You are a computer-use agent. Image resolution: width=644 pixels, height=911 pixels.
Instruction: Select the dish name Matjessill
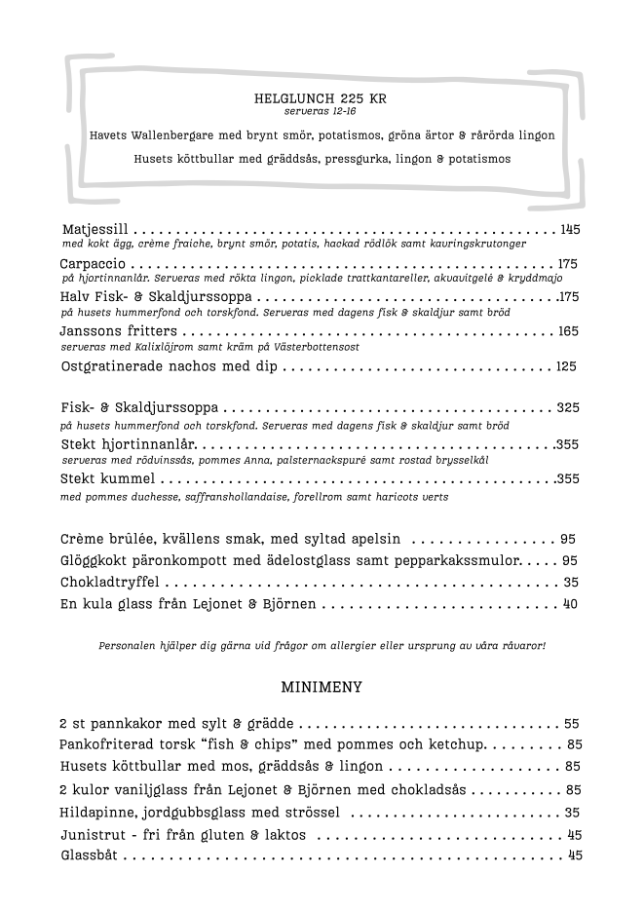(95, 229)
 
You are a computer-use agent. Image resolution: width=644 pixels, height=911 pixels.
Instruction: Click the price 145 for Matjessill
(570, 229)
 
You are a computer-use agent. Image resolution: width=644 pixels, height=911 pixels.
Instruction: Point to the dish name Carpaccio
(93, 264)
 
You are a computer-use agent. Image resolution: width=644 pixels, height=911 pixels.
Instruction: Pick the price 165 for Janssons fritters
(569, 331)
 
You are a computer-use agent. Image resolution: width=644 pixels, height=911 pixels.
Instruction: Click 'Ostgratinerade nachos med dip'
(169, 366)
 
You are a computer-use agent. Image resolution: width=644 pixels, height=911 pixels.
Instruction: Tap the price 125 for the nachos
(567, 366)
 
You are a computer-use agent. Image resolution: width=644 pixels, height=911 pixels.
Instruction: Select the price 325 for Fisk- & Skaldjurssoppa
(568, 407)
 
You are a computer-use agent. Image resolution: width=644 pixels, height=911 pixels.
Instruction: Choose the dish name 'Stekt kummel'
(107, 478)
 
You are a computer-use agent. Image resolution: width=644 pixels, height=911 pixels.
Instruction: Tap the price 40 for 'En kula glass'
(571, 604)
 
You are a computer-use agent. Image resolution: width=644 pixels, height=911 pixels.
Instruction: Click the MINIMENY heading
(322, 687)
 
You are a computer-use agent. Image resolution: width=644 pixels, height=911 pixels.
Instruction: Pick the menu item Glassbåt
(89, 855)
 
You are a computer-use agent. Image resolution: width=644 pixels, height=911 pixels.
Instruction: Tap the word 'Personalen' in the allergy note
(126, 646)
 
